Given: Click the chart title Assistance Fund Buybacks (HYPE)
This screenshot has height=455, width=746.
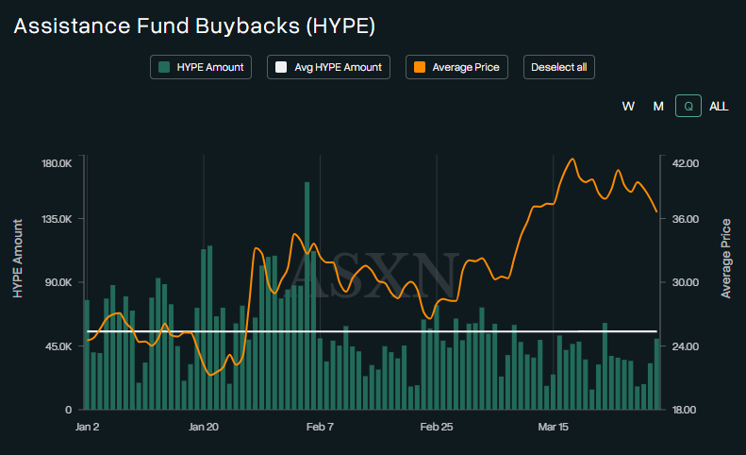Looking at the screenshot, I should pyautogui.click(x=194, y=25).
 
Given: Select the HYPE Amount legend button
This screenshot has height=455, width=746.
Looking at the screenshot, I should pyautogui.click(x=201, y=67).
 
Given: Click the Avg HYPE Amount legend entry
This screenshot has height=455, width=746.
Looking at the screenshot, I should pyautogui.click(x=328, y=67).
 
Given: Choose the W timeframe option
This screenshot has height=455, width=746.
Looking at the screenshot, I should pyautogui.click(x=628, y=106).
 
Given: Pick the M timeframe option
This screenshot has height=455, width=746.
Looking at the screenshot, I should pyautogui.click(x=658, y=106).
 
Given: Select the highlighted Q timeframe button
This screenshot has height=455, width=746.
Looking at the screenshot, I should pyautogui.click(x=688, y=106).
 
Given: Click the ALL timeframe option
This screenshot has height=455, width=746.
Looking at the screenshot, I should pyautogui.click(x=719, y=106).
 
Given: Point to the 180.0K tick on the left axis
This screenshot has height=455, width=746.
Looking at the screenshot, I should pyautogui.click(x=56, y=163).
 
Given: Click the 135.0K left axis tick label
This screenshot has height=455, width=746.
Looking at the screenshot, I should pyautogui.click(x=56, y=219).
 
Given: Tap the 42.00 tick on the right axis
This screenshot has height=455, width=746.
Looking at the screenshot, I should pyautogui.click(x=685, y=163).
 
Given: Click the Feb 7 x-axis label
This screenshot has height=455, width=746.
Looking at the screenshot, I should pyautogui.click(x=320, y=428).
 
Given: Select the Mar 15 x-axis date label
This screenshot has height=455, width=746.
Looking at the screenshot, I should pyautogui.click(x=553, y=428).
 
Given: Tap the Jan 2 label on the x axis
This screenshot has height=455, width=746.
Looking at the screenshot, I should pyautogui.click(x=87, y=428).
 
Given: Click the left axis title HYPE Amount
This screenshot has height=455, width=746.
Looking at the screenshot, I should pyautogui.click(x=18, y=259).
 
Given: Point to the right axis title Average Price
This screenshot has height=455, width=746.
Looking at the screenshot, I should pyautogui.click(x=726, y=259).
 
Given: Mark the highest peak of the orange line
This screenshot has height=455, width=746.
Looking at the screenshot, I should pyautogui.click(x=572, y=159).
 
